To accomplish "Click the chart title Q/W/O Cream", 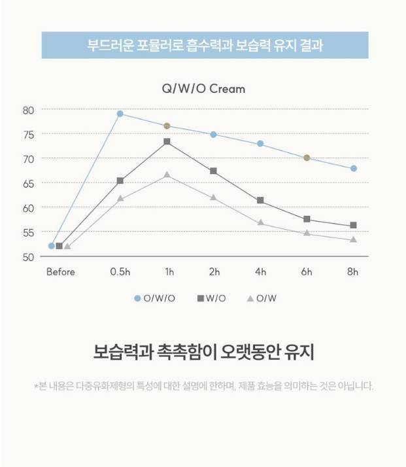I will click(203, 88).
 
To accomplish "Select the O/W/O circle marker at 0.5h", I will click(120, 114).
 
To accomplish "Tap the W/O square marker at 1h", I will click(167, 141).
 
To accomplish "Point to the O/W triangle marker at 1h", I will click(167, 175).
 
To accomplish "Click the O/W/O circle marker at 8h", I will click(354, 169).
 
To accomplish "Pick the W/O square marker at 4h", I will click(260, 201).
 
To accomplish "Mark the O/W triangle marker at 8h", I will click(354, 239).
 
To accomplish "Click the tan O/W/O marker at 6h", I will click(307, 158).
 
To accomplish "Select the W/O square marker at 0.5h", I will click(120, 181).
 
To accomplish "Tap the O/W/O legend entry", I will click(155, 298).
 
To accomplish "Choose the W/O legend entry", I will click(212, 298).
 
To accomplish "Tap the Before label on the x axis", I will click(60, 272).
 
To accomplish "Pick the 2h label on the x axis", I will click(214, 272).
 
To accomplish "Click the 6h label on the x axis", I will click(307, 272).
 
